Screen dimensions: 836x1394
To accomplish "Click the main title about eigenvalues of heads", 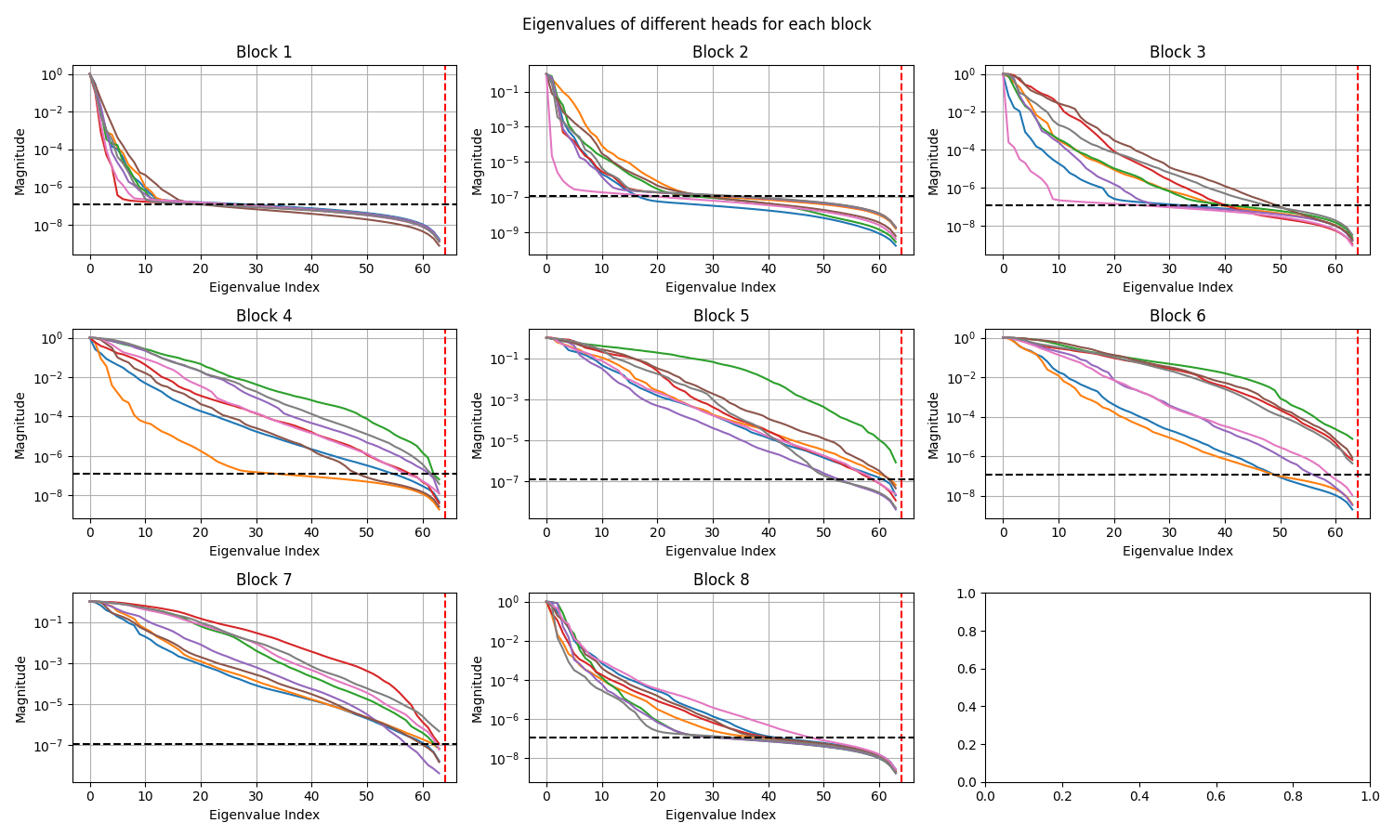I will tap(696, 24).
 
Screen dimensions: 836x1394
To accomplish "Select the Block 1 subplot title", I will tap(264, 52).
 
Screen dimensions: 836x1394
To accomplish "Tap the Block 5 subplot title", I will tap(720, 316).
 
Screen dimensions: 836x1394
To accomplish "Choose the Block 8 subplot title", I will tap(720, 580).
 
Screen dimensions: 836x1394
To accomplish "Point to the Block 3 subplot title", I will tap(1177, 52).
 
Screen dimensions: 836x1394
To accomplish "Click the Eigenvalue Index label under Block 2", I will tap(720, 287).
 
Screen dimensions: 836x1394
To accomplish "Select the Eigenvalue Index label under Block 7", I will tap(264, 815).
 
